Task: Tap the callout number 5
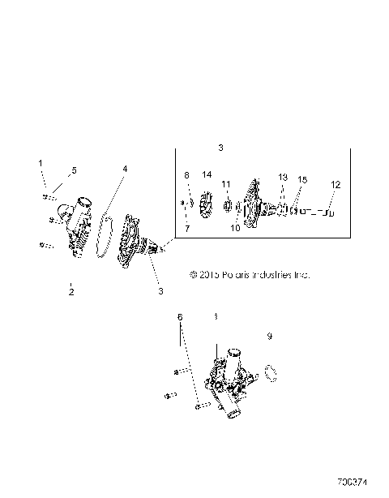pos(73,170)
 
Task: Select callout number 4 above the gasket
pos(125,169)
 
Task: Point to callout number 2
pos(71,290)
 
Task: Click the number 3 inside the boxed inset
pos(220,148)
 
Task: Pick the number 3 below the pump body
pos(160,290)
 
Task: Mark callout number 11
pos(227,184)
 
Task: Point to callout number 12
pos(335,184)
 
